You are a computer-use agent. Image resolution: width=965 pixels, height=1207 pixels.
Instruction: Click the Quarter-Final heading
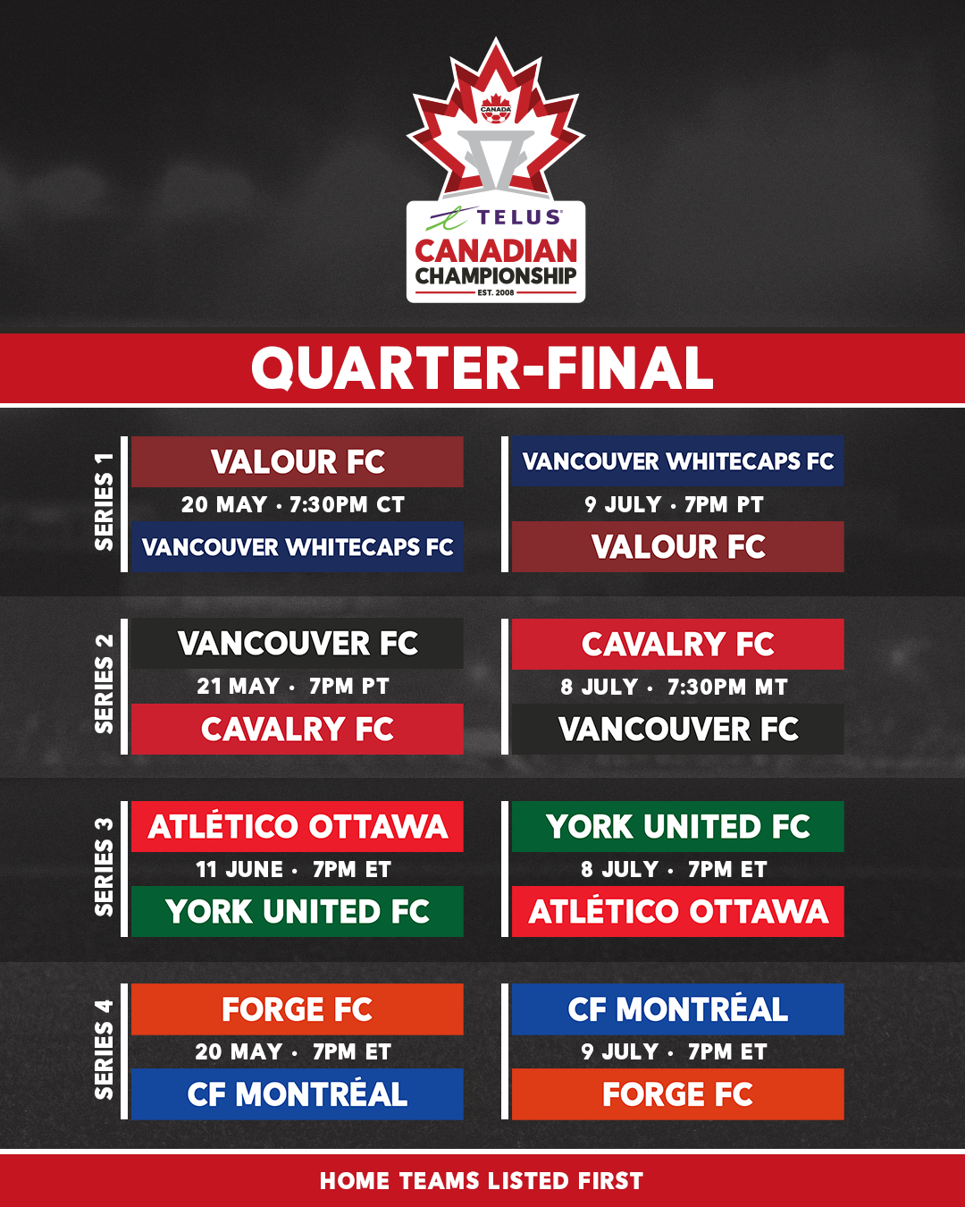click(482, 368)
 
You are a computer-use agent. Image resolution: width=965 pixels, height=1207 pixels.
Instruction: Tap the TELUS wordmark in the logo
click(519, 217)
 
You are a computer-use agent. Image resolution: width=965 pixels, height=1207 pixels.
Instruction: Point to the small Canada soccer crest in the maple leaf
click(496, 108)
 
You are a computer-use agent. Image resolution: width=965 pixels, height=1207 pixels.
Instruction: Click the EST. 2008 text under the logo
click(496, 292)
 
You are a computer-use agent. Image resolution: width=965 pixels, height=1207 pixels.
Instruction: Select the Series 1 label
click(105, 502)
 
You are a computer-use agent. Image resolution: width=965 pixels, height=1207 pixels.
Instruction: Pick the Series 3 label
click(105, 867)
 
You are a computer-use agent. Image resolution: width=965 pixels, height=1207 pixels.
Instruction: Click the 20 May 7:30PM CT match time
click(293, 505)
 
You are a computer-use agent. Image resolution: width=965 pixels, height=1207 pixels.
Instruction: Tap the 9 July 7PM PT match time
click(674, 505)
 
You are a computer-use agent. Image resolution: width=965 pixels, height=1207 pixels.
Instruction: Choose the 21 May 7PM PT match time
click(293, 687)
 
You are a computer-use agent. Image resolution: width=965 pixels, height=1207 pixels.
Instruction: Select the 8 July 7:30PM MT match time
click(674, 687)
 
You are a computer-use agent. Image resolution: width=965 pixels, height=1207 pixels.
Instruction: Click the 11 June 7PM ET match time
click(293, 869)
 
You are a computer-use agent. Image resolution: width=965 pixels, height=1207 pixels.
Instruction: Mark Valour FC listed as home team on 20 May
click(298, 461)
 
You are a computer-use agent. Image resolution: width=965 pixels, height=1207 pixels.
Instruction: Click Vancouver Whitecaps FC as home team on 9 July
click(678, 461)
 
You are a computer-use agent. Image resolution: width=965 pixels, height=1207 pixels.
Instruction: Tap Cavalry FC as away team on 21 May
click(298, 730)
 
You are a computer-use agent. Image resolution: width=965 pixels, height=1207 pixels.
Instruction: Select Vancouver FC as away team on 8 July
click(678, 730)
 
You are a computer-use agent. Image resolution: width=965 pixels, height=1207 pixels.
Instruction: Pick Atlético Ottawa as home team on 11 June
click(298, 826)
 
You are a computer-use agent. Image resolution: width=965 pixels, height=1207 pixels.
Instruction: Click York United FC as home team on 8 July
click(678, 826)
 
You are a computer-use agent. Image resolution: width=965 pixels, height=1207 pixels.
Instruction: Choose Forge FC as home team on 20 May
click(298, 1009)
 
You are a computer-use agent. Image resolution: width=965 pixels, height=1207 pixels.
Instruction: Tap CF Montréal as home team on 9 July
click(678, 1009)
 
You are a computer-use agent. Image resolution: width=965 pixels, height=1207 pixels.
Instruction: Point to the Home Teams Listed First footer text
click(482, 1181)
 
